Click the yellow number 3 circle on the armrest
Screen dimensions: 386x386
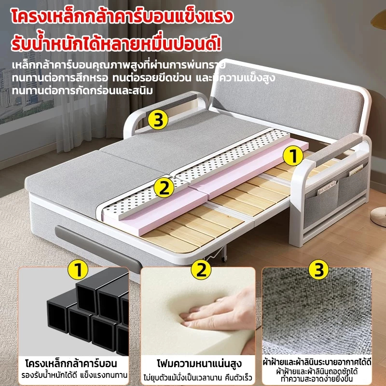(158, 120)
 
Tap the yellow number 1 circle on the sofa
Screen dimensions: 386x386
(293, 155)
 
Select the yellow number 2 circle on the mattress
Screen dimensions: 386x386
(164, 188)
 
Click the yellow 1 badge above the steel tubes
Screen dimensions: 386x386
(78, 270)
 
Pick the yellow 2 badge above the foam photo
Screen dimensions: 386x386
(201, 270)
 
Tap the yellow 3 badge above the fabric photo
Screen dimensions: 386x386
(319, 270)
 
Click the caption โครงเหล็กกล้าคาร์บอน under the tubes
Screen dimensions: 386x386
(71, 364)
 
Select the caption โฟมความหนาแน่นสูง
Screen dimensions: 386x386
(199, 364)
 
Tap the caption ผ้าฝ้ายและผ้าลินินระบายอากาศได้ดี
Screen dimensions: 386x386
(317, 362)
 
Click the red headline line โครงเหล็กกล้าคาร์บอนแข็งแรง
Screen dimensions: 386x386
(122, 16)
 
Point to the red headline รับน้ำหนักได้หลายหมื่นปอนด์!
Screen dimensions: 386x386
(116, 44)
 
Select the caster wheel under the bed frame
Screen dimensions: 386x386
(223, 259)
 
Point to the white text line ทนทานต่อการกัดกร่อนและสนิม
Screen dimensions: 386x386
(83, 91)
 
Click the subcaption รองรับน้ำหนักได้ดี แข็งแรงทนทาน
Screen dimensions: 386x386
(74, 375)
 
